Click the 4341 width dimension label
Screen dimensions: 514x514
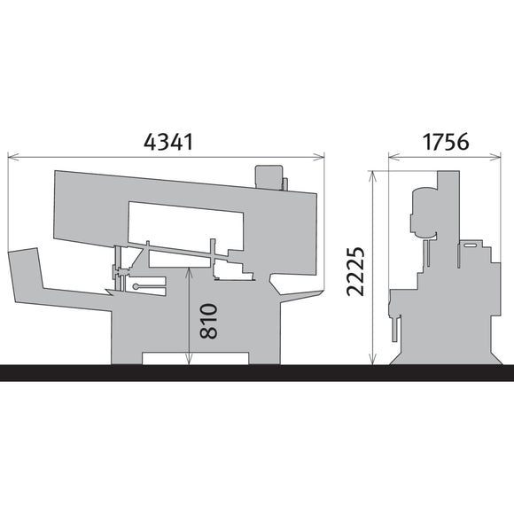point(168,142)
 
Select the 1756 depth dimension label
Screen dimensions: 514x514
point(446,142)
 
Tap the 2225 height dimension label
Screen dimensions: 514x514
point(355,271)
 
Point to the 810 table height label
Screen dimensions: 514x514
point(208,321)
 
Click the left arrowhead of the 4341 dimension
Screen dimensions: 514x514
point(13,157)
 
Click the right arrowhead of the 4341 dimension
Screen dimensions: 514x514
point(319,157)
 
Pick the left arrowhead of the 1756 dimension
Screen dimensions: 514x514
point(394,157)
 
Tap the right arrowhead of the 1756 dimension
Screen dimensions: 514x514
point(495,157)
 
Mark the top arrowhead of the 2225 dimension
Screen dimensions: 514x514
point(373,176)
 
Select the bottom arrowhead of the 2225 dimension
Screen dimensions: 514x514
point(373,359)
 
